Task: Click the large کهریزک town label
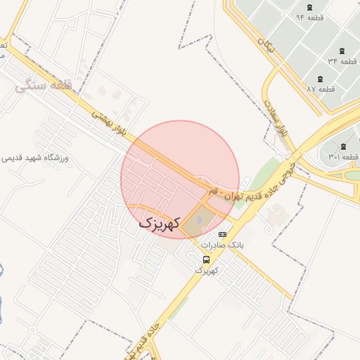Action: tap(160, 223)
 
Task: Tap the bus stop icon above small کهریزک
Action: tap(206, 259)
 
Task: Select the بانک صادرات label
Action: tap(221, 245)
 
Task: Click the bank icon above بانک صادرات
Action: tap(223, 234)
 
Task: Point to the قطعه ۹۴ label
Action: tap(310, 16)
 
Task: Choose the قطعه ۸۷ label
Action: tap(321, 89)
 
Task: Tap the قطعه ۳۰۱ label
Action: tap(343, 156)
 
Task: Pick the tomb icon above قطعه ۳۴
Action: tap(342, 51)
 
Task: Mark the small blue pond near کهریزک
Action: tap(198, 221)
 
